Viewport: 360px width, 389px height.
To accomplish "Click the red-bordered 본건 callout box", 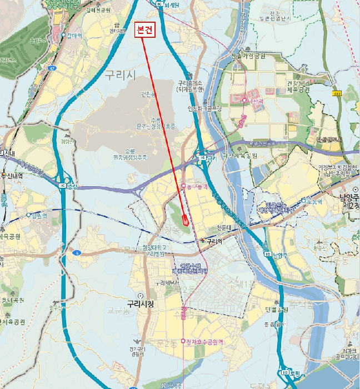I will pyautogui.click(x=146, y=31).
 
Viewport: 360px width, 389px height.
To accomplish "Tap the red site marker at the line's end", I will pyautogui.click(x=184, y=218).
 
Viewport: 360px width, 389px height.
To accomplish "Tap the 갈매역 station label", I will pyautogui.click(x=74, y=36).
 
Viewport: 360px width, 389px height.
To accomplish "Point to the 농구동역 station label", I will pyautogui.click(x=197, y=186).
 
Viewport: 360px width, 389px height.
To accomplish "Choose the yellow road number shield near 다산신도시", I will pyautogui.click(x=337, y=94).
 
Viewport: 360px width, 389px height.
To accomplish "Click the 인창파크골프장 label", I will pyautogui.click(x=204, y=109).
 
